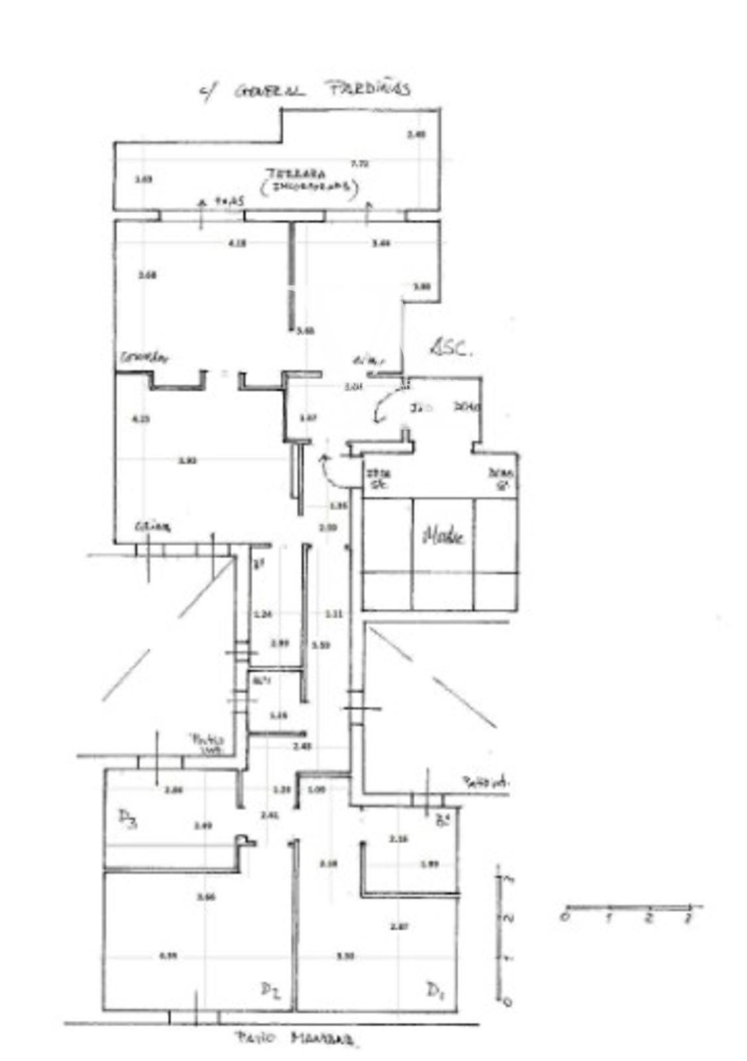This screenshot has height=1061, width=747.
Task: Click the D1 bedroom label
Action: coord(435,991)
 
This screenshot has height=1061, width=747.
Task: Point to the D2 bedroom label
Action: coord(269,991)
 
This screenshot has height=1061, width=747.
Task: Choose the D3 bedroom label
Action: coord(127,820)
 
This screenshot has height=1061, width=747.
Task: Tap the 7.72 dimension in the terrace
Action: coord(360,163)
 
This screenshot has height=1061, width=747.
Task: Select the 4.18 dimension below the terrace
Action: coord(237,243)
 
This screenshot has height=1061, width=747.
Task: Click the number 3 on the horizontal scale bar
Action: coord(689,918)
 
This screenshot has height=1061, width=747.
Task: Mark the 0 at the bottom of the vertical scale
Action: coord(508,1001)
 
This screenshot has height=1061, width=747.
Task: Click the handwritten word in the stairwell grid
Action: coord(443,536)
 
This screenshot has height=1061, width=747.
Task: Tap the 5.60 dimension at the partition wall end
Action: coord(306,331)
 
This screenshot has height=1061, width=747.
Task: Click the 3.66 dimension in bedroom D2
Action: coord(206,897)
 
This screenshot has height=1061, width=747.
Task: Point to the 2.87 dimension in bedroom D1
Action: coord(399,926)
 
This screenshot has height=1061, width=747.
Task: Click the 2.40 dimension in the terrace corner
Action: coord(416,135)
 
